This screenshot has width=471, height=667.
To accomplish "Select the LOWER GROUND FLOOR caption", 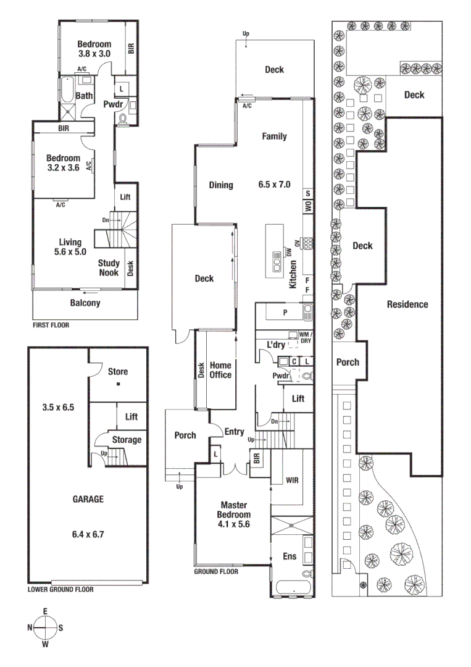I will pyautogui.click(x=60, y=589).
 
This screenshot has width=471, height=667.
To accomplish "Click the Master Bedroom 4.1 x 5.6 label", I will pyautogui.click(x=233, y=510).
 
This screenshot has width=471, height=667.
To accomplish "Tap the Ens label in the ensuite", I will pyautogui.click(x=290, y=556).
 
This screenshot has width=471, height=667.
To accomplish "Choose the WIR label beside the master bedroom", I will pyautogui.click(x=293, y=480).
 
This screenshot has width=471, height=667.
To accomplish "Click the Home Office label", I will pyautogui.click(x=220, y=370).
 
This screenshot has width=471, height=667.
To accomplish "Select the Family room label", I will pyautogui.click(x=274, y=136).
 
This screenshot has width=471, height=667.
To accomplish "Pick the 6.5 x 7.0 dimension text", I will pyautogui.click(x=274, y=184).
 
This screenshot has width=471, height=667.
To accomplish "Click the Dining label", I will pyautogui.click(x=220, y=185).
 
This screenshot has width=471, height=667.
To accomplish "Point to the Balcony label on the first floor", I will pyautogui.click(x=85, y=303).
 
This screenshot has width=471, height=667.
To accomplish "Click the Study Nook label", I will pyautogui.click(x=109, y=267).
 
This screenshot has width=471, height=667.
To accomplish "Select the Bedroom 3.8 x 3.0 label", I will pyautogui.click(x=94, y=49).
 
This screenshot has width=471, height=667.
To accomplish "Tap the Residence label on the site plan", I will pyautogui.click(x=407, y=304).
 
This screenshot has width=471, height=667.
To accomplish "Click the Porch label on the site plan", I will pyautogui.click(x=348, y=362).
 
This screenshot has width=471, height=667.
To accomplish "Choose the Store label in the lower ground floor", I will pyautogui.click(x=117, y=372).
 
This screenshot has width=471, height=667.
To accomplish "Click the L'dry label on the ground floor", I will pyautogui.click(x=276, y=344).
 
